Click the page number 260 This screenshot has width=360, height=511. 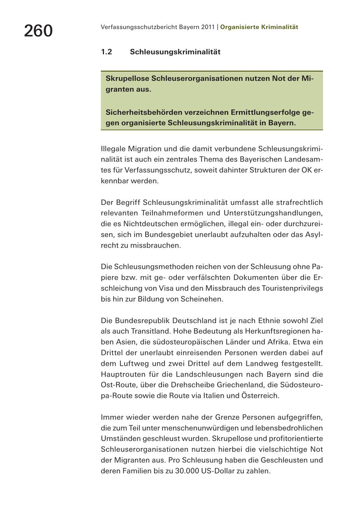[38, 31]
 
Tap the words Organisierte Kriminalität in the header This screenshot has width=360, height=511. [259, 27]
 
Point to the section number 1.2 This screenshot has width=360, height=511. [106, 52]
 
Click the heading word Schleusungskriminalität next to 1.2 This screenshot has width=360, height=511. [175, 52]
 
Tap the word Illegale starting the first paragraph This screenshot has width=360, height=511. [113, 149]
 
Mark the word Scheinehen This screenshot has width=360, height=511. [204, 299]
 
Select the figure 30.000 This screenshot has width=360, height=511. [188, 471]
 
